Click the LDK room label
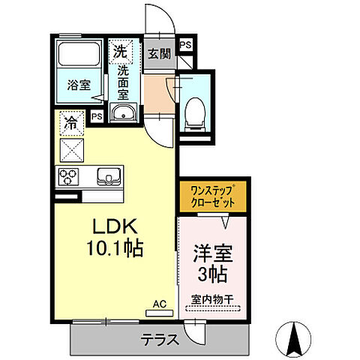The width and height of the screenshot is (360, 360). pos(114,227)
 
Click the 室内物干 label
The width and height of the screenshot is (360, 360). pos(212,299)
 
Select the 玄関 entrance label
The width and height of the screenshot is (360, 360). pos(158,53)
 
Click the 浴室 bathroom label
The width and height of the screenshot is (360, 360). pos(79,85)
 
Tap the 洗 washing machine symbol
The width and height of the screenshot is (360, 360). pos(121,52)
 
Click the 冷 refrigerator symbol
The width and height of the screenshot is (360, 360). pos(72,121)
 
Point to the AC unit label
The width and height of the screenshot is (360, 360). pos(159,303)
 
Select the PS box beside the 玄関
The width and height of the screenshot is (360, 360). pos(186,45)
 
